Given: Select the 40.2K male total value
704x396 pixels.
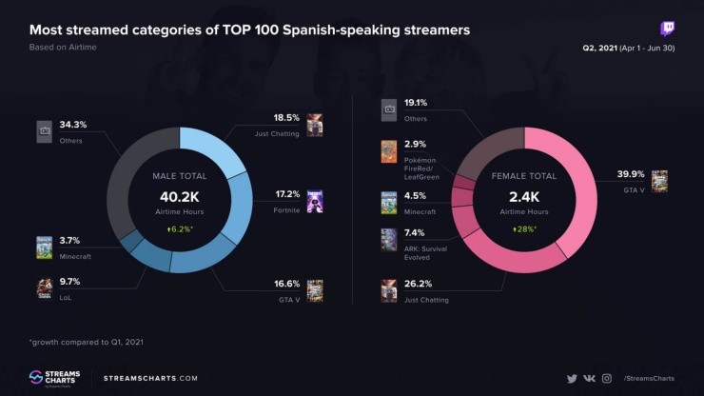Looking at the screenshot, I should (x=180, y=195).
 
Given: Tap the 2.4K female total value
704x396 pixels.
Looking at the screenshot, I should (x=524, y=195).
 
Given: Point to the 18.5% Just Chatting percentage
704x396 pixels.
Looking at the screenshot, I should (x=286, y=118).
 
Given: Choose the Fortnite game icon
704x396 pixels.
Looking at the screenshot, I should (x=315, y=200).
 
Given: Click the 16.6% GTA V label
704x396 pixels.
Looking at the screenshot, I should (x=286, y=283).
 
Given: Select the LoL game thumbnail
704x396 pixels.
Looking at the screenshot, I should (x=44, y=287).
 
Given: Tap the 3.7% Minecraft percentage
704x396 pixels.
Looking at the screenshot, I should (x=71, y=241).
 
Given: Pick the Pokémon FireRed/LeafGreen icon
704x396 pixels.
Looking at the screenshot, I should (x=388, y=152).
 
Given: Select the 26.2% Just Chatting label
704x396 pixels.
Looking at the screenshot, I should (x=419, y=284).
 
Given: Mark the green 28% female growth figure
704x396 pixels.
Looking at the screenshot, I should (x=524, y=229).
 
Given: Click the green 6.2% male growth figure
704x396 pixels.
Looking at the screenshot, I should (x=180, y=229).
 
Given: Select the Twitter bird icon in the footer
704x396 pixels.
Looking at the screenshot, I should (x=572, y=378).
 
